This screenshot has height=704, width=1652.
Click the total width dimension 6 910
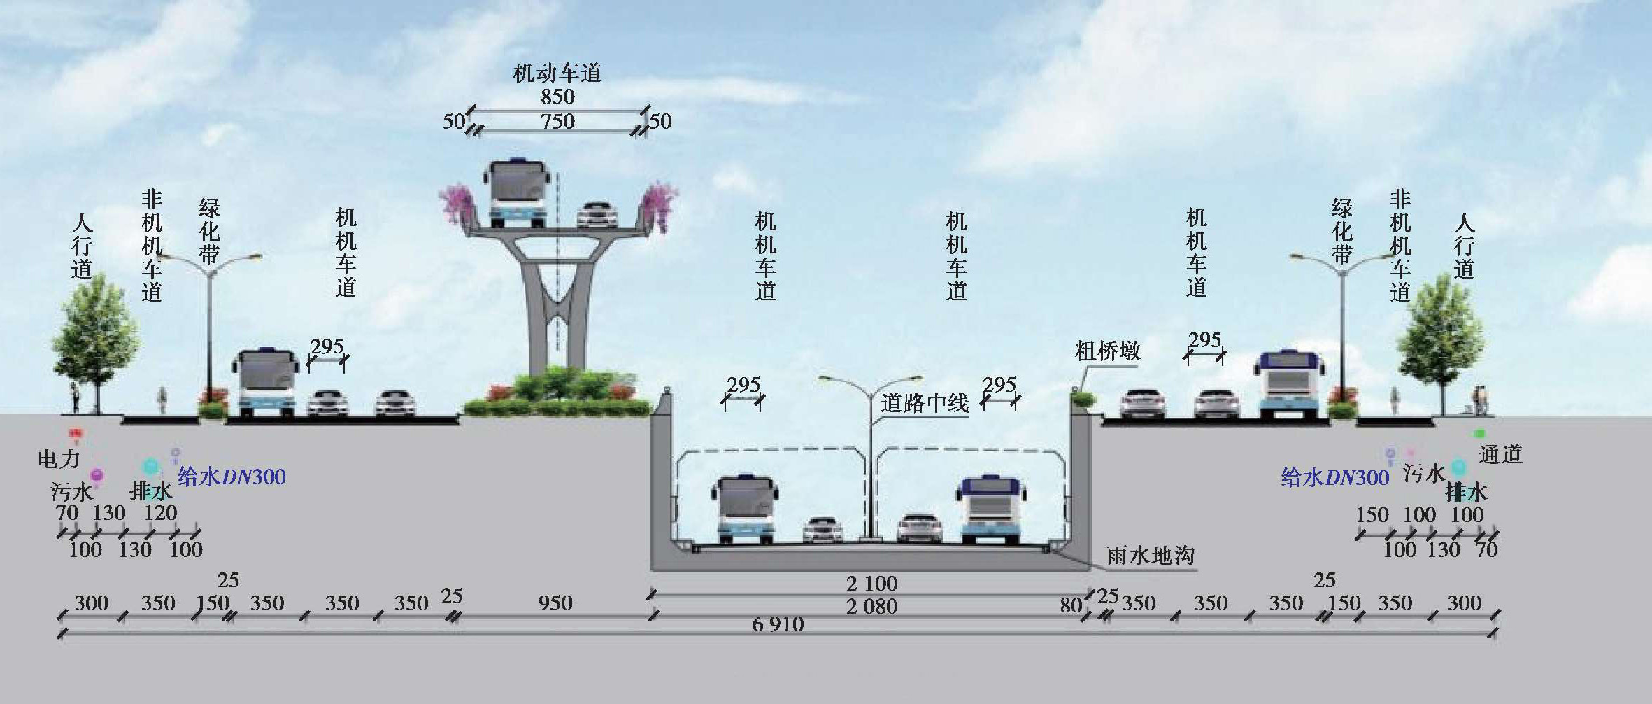tap(778, 624)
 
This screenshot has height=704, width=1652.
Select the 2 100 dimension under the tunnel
tap(871, 583)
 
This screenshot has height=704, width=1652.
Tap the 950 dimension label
tap(555, 603)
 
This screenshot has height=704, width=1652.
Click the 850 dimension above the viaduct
tap(557, 97)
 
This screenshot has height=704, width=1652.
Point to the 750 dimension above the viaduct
tap(557, 121)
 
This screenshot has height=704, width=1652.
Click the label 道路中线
tap(924, 403)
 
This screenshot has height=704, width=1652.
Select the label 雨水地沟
tap(1150, 556)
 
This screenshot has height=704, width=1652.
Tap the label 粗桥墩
tap(1106, 351)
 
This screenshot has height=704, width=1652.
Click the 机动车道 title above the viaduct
tap(557, 73)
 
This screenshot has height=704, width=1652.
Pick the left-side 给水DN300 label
tap(232, 477)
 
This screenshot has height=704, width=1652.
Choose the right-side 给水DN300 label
tap(1334, 478)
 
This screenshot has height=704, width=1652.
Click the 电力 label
tap(59, 459)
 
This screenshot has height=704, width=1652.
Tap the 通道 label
tap(1500, 454)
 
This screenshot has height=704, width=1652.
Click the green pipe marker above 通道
tap(1479, 434)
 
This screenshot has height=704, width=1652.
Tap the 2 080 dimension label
tap(871, 606)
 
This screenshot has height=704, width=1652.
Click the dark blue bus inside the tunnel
tap(992, 509)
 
